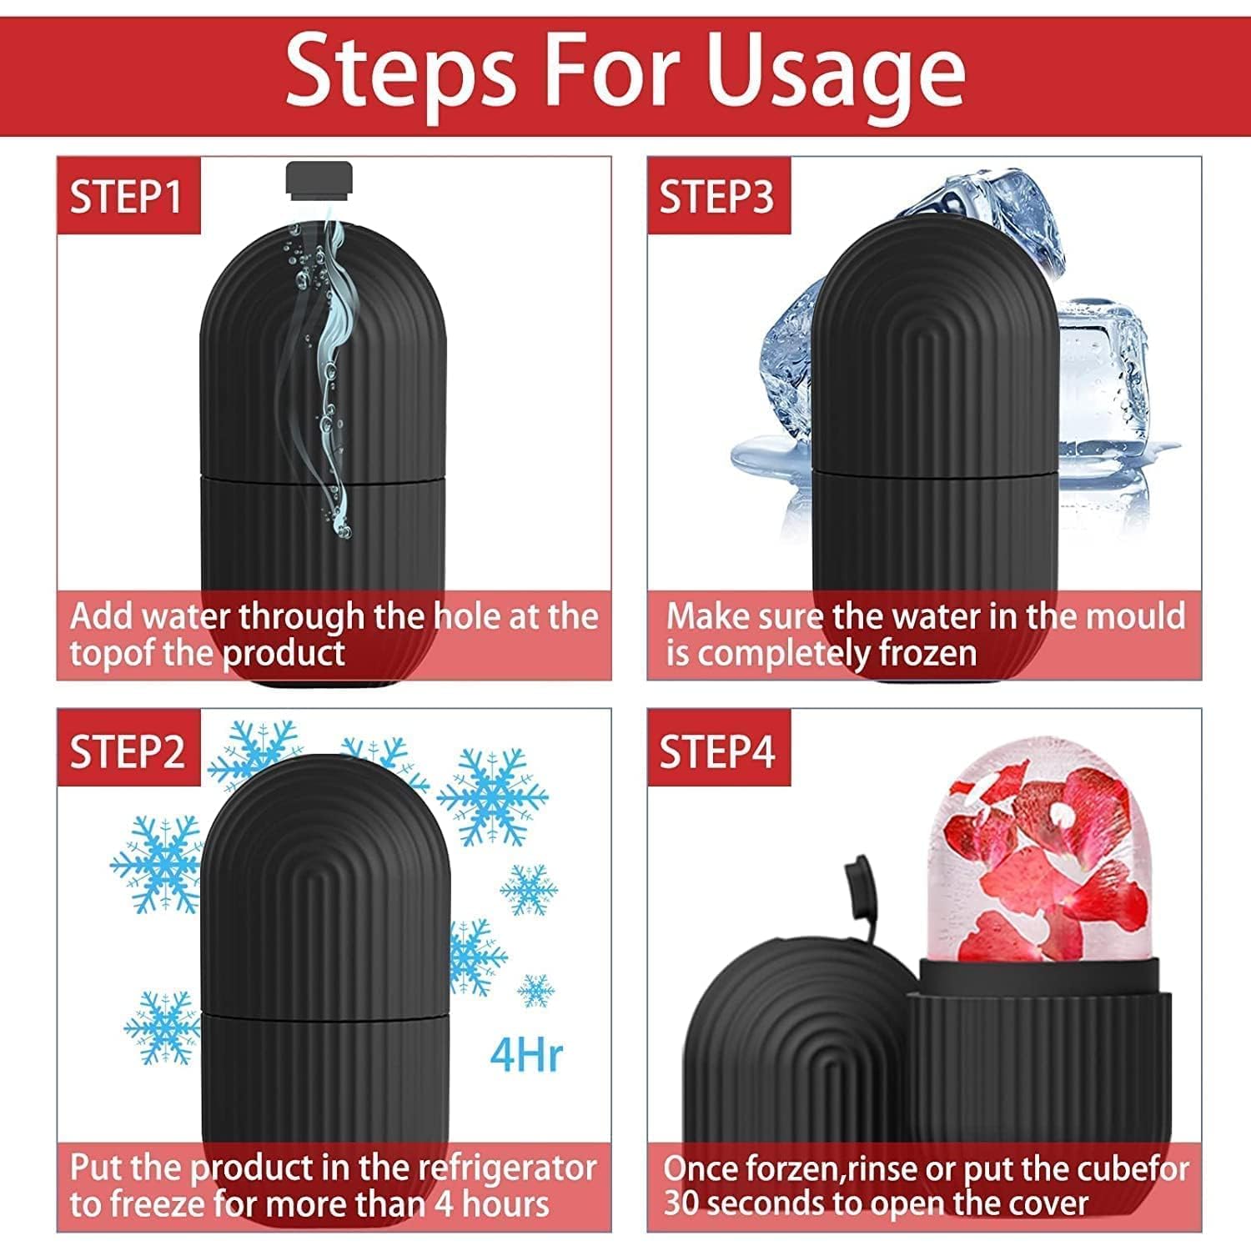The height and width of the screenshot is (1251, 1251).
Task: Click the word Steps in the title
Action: pyautogui.click(x=400, y=73)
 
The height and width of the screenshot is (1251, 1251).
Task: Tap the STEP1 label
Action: pyautogui.click(x=127, y=198)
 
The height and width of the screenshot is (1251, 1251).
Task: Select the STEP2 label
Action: pyautogui.click(x=127, y=752)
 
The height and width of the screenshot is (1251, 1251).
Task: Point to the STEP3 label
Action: pyautogui.click(x=717, y=198)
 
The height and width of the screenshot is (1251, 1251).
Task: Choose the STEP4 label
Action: pyautogui.click(x=717, y=752)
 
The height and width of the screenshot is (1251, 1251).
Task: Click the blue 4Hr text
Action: pyautogui.click(x=526, y=1054)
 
